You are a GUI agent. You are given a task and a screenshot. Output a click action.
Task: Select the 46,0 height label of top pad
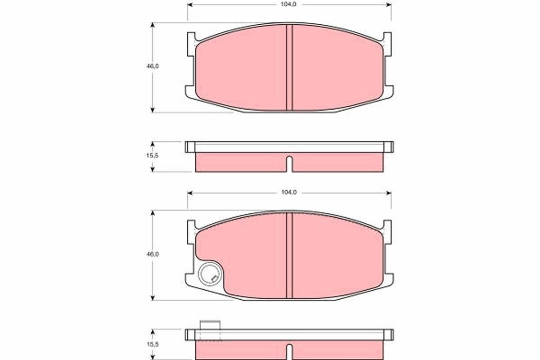(153, 66)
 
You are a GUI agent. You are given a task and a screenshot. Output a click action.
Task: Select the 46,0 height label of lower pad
(153, 254)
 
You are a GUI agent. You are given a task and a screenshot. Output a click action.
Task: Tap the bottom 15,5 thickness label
(153, 344)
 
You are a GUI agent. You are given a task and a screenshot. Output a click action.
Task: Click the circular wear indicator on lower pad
(209, 273)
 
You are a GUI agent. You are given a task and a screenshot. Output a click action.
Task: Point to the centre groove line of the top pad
(289, 67)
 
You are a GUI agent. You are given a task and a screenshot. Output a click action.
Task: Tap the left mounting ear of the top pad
(191, 45)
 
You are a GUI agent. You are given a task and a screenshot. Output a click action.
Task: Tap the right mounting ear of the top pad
(387, 45)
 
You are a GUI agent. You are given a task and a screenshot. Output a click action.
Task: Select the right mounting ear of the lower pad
(387, 233)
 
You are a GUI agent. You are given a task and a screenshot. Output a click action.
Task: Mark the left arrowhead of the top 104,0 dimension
(189, 4)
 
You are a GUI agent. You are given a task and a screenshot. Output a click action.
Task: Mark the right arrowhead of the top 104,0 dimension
(389, 4)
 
